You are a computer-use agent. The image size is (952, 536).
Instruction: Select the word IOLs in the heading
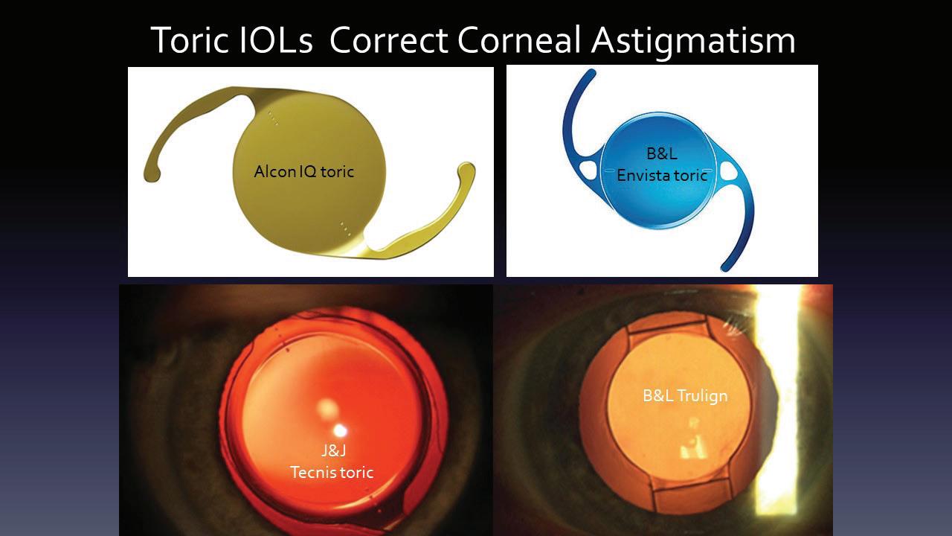pyautogui.click(x=276, y=39)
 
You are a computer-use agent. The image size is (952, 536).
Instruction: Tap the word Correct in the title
pyautogui.click(x=388, y=40)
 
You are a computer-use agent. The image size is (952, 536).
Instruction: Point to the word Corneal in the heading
pyautogui.click(x=519, y=39)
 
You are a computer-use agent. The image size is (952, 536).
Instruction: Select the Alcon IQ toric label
pyautogui.click(x=304, y=171)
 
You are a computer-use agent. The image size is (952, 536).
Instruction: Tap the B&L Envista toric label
pyautogui.click(x=662, y=165)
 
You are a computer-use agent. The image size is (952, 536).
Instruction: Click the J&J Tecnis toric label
pyautogui.click(x=332, y=462)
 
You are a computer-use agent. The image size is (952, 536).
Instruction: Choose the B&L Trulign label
pyautogui.click(x=685, y=396)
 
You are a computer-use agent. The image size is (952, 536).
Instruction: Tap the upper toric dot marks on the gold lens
pyautogui.click(x=272, y=118)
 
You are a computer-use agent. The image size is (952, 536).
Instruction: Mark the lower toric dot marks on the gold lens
pyautogui.click(x=345, y=229)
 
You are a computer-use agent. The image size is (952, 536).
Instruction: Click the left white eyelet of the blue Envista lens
pyautogui.click(x=588, y=170)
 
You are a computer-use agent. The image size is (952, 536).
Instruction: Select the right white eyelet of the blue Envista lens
pyautogui.click(x=728, y=170)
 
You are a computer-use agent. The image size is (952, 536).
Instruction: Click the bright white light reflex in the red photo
pyautogui.click(x=340, y=431)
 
